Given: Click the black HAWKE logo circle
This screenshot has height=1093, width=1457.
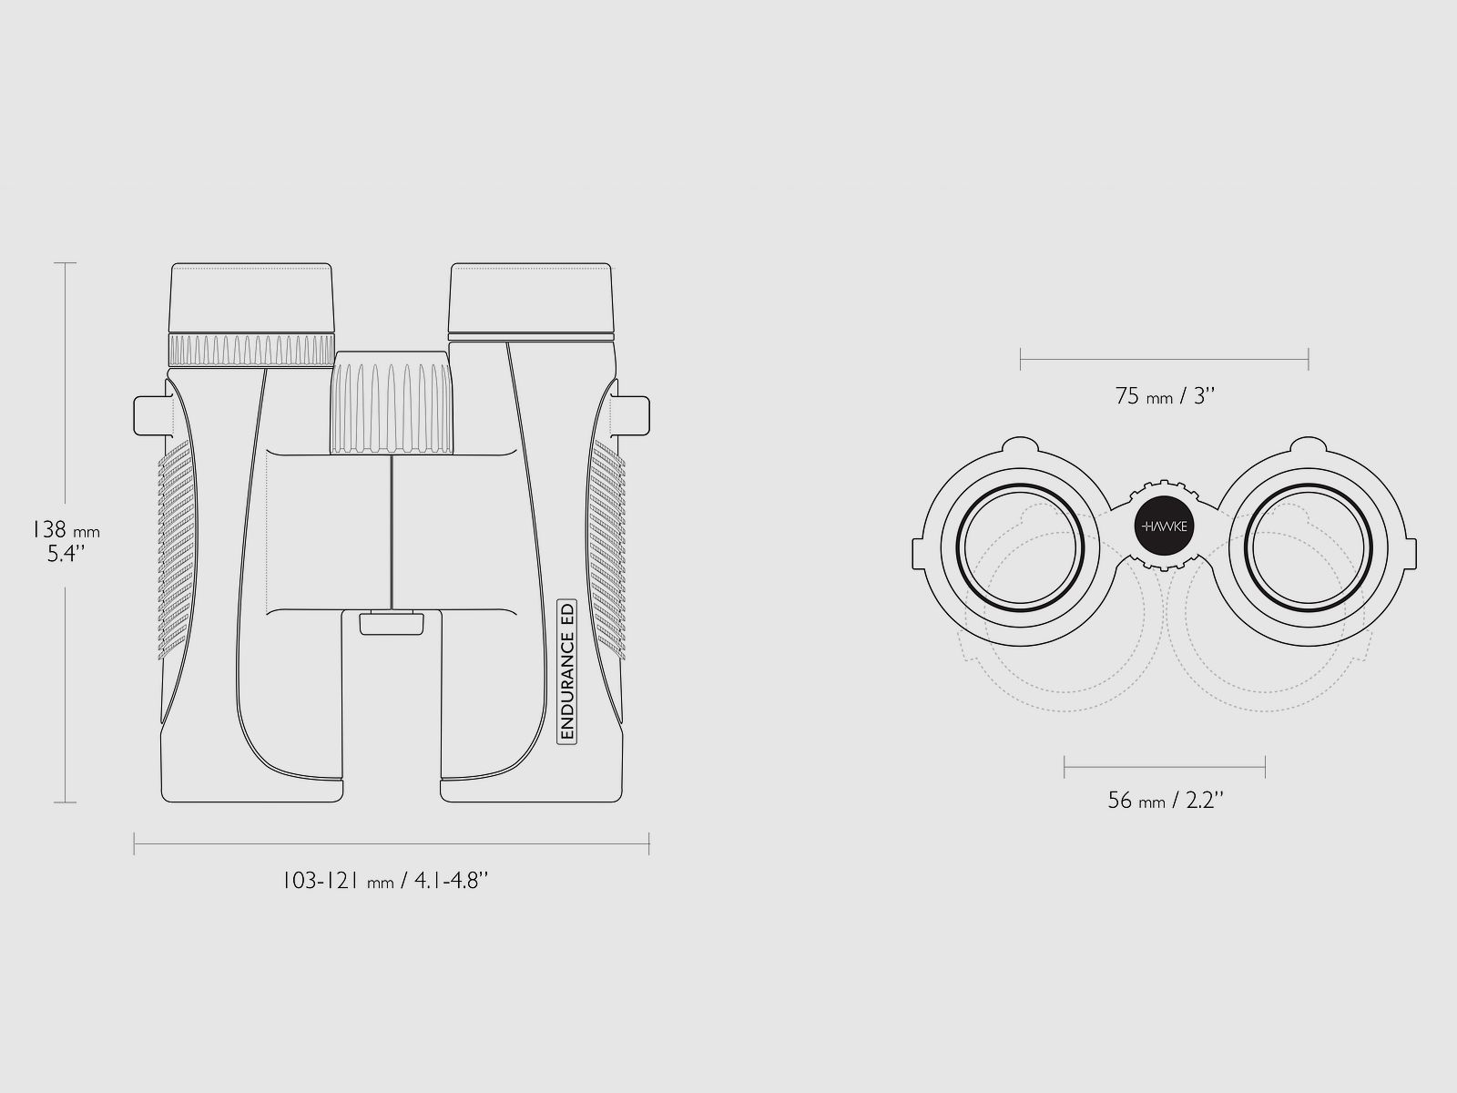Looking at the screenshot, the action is pos(1164,526).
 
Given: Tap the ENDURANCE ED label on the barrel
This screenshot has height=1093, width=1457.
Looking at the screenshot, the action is pos(567,671).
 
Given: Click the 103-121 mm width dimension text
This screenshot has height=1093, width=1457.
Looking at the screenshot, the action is pos(385,881).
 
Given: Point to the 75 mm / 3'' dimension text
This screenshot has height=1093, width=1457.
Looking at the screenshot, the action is pos(1165,396).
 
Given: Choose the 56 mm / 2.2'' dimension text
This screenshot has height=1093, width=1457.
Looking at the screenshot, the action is pos(1165,801).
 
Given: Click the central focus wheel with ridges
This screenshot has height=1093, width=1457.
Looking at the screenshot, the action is pos(392,403).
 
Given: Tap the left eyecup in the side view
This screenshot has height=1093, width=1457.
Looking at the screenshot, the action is pos(251,297).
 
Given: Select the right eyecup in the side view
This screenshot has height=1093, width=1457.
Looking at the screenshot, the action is pos(531,297).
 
